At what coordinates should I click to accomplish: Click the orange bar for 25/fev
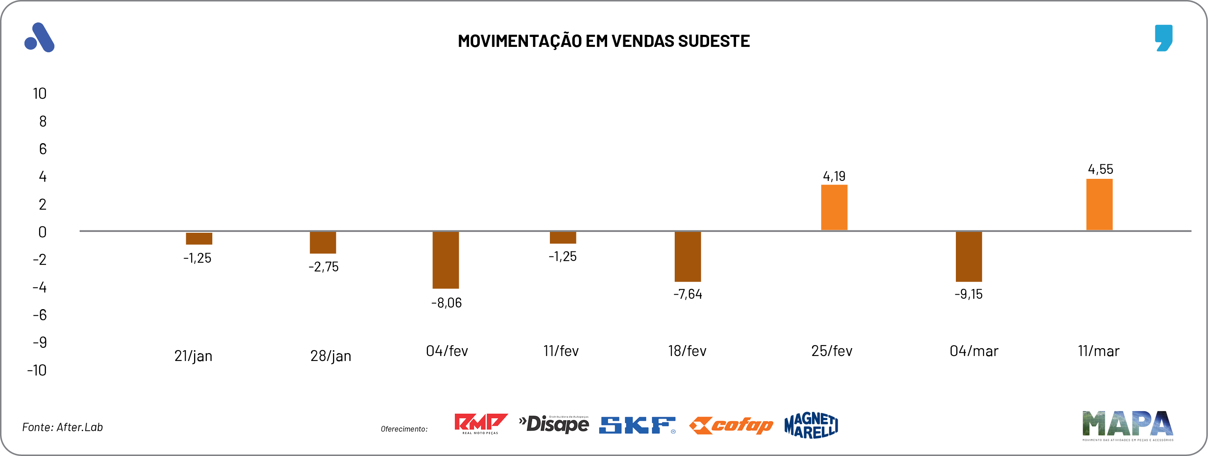[834, 207]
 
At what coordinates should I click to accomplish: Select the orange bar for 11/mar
[1099, 205]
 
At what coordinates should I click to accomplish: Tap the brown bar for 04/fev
[445, 260]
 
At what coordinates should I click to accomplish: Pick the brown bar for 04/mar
[968, 256]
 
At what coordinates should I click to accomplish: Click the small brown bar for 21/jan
[199, 238]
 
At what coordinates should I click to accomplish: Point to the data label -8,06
[447, 303]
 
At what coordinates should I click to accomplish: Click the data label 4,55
[1100, 169]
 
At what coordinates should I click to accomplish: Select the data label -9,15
[968, 294]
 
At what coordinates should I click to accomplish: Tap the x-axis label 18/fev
[687, 351]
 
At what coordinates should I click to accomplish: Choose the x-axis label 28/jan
[331, 356]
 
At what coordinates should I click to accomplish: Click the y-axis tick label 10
[40, 94]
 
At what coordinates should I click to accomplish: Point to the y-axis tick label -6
[40, 315]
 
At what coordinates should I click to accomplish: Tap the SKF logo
[637, 425]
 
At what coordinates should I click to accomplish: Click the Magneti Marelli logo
[811, 425]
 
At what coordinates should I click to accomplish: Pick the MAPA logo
[1127, 425]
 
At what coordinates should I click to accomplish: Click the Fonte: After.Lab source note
[62, 427]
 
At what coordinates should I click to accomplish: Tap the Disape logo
[554, 424]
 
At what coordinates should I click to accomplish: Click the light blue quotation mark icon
[1164, 37]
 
